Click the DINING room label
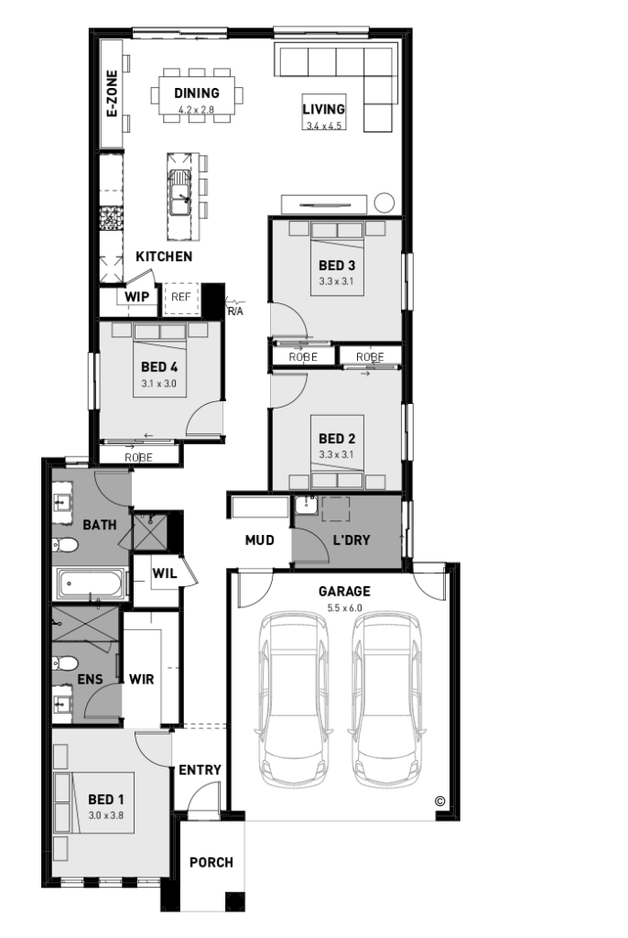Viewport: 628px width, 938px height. click(x=197, y=93)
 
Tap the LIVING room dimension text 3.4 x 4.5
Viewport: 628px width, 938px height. click(x=324, y=125)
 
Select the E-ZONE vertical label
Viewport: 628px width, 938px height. click(x=112, y=93)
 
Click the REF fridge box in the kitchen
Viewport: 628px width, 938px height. click(x=181, y=297)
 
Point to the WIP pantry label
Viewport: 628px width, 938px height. click(x=136, y=297)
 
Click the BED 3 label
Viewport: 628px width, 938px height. click(x=336, y=266)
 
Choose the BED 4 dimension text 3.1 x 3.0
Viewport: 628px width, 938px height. click(x=159, y=384)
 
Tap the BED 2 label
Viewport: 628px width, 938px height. click(x=336, y=439)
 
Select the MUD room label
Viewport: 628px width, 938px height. click(x=259, y=540)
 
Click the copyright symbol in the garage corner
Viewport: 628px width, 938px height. click(x=439, y=800)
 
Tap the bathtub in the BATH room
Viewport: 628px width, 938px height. click(x=90, y=584)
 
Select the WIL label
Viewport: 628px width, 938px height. click(x=164, y=573)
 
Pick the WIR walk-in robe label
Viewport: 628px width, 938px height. click(x=141, y=679)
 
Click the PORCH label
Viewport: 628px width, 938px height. click(x=211, y=862)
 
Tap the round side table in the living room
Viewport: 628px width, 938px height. click(x=384, y=202)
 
